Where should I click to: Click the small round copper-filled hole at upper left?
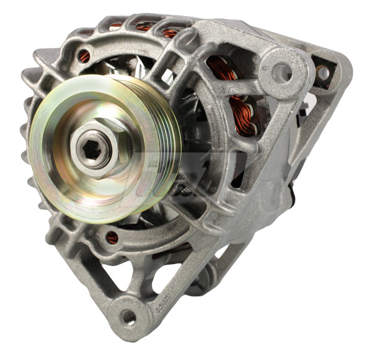click(x=84, y=56)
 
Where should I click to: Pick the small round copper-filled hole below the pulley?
click(x=112, y=237)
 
